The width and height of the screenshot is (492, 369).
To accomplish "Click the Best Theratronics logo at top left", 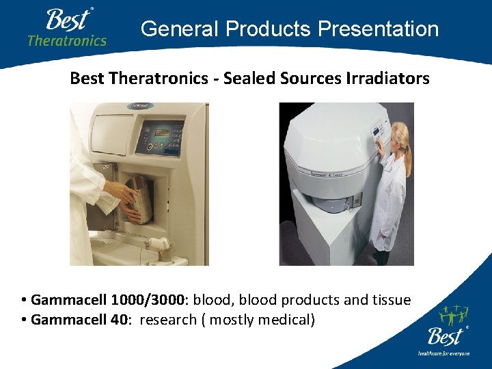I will click(66, 27).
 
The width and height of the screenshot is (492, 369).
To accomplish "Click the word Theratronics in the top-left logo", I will click(67, 40).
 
